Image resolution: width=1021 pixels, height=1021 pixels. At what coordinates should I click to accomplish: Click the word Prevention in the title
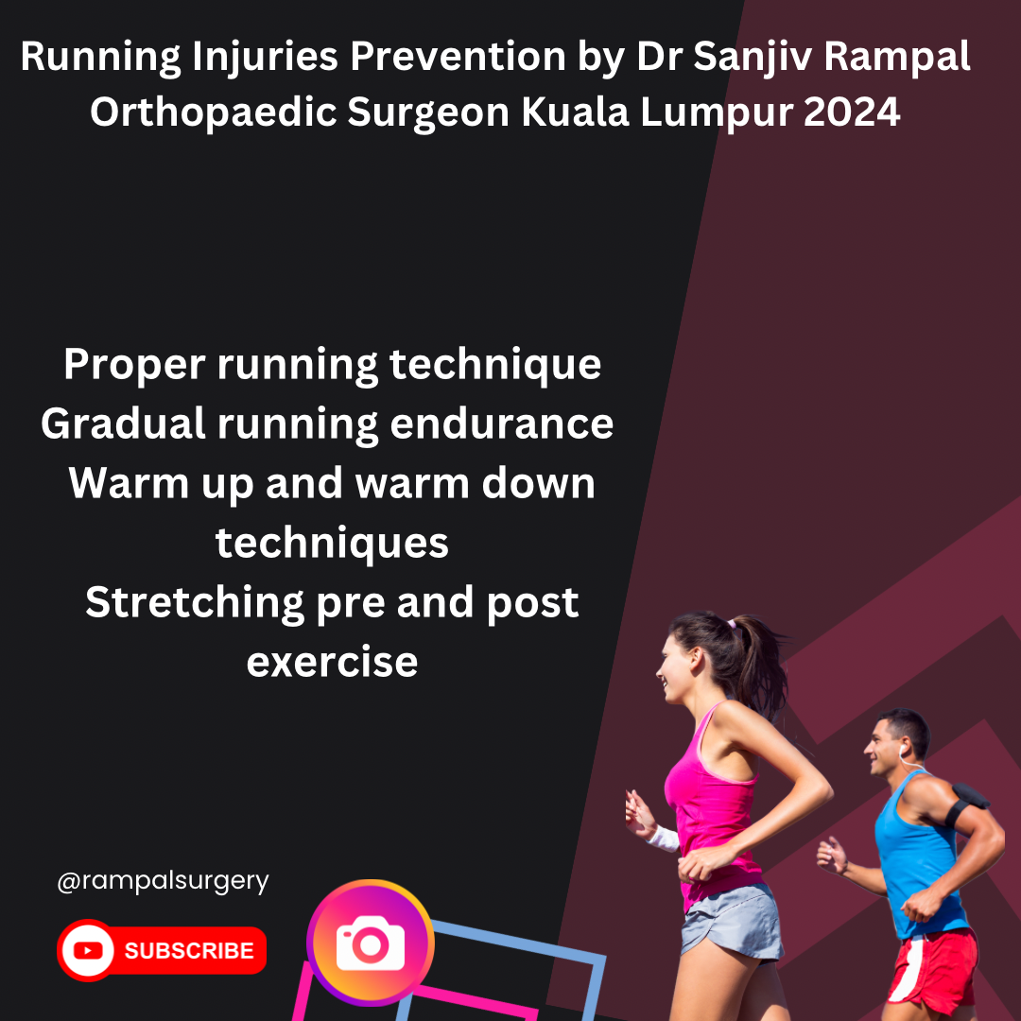(458, 56)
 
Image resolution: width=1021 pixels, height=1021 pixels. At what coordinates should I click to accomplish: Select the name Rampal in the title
(897, 58)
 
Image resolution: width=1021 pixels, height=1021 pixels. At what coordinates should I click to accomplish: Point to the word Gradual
(123, 424)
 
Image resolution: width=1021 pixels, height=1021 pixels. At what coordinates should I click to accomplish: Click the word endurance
(501, 424)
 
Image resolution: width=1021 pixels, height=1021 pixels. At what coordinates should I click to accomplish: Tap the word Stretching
(195, 603)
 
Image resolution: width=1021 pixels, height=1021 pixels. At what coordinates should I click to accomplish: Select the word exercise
(332, 662)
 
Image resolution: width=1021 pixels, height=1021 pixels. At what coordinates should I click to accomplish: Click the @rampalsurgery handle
(163, 882)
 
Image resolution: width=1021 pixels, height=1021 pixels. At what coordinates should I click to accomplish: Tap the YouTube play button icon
(88, 950)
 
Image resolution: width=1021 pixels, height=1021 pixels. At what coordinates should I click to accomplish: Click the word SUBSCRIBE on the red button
(189, 951)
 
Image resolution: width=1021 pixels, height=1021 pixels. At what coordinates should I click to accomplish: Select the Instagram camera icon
(371, 943)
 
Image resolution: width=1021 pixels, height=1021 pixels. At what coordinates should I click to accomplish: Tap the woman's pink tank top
(713, 801)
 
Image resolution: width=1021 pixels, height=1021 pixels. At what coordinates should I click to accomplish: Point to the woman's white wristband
(665, 838)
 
